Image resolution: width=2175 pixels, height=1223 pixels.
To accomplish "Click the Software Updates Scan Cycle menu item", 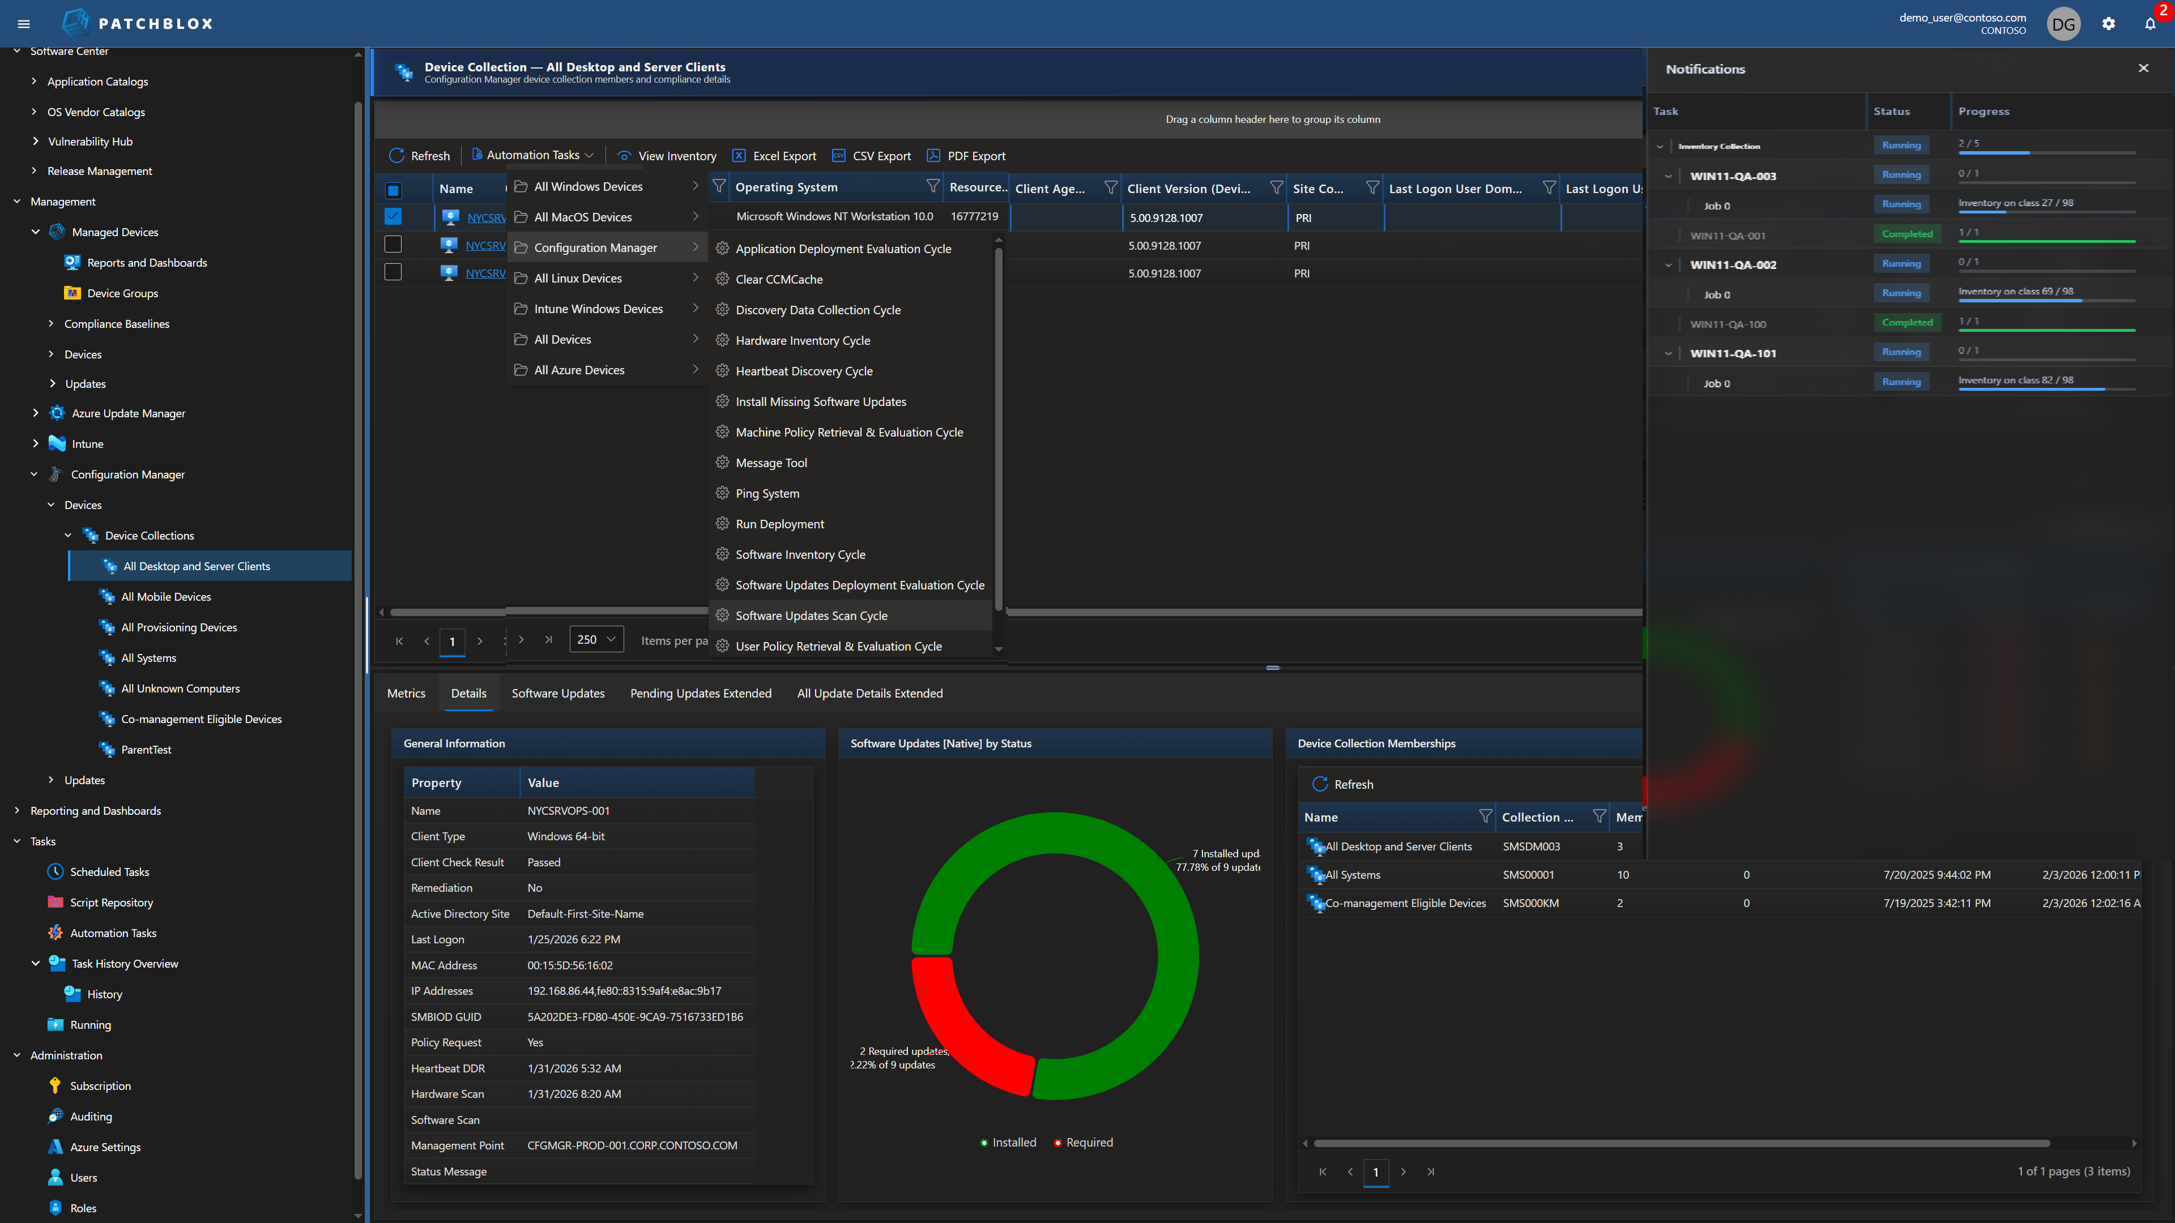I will [811, 615].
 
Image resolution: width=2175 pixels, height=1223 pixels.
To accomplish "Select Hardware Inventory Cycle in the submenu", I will [802, 340].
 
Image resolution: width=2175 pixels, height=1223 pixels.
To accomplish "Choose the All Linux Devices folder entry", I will [578, 277].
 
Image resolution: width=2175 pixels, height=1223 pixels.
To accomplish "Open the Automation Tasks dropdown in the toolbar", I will [533, 155].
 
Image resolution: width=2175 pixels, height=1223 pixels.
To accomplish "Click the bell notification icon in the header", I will [2150, 24].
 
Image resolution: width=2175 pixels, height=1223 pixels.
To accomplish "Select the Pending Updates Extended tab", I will [700, 693].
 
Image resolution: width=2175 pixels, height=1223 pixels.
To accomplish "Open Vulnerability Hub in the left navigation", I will [89, 141].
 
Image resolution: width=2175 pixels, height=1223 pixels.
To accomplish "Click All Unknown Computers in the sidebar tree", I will [180, 688].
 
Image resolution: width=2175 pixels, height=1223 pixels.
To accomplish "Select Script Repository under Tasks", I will [110, 903].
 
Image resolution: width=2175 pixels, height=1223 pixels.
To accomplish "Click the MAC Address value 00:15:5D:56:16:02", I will [570, 965].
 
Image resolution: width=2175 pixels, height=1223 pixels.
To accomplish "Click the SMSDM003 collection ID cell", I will [1531, 846].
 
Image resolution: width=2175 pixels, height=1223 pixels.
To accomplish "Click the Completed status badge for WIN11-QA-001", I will [1907, 234].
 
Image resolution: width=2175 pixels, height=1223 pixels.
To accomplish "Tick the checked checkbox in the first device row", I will [393, 216].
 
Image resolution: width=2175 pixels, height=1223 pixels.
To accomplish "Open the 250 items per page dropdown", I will [596, 639].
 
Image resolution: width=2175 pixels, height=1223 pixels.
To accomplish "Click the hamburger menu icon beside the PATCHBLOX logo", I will [24, 24].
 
